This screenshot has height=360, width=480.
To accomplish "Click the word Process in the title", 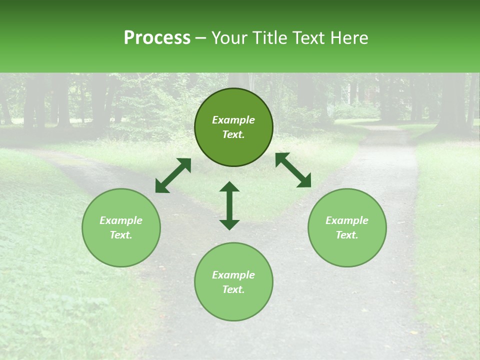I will pos(157,37).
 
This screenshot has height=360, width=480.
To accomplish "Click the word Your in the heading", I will pos(229,37).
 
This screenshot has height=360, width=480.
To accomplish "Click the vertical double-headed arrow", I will pos(229,205).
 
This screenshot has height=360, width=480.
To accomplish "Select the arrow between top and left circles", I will pos(173,175).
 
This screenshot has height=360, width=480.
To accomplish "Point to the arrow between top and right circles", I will pos(293,170).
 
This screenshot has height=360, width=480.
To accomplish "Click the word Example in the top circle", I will pos(233,120).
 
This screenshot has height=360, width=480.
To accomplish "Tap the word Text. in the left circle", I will pos(121,235).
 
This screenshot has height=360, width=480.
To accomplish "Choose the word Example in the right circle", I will pos(347,220).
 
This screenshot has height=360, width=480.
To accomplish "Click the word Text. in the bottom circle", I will pos(233,289).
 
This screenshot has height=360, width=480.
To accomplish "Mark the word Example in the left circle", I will pos(121,220).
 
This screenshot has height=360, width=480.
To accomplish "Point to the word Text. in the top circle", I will pos(233,135).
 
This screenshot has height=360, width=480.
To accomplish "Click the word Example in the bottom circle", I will pos(233,275).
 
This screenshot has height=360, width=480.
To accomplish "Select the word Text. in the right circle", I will pos(347,235).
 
